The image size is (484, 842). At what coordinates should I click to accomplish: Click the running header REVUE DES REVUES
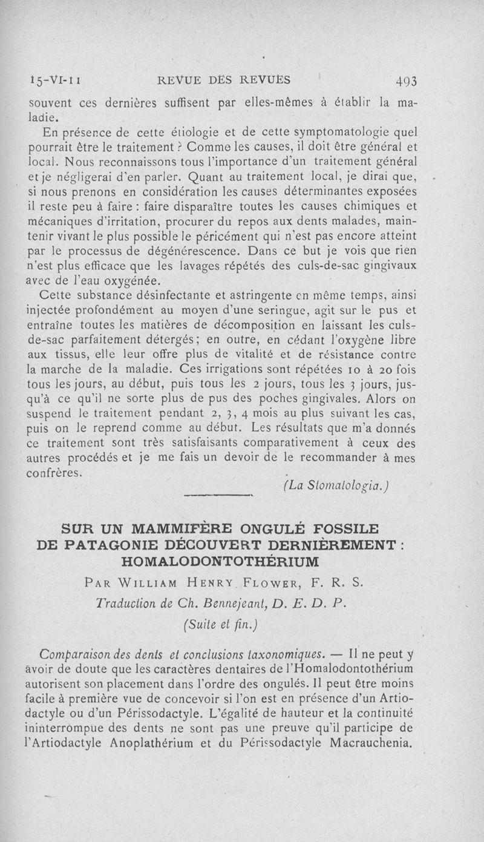[x=223, y=79]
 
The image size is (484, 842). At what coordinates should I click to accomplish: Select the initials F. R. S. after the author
[x=339, y=584]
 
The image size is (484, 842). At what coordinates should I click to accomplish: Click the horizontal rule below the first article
[x=216, y=495]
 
